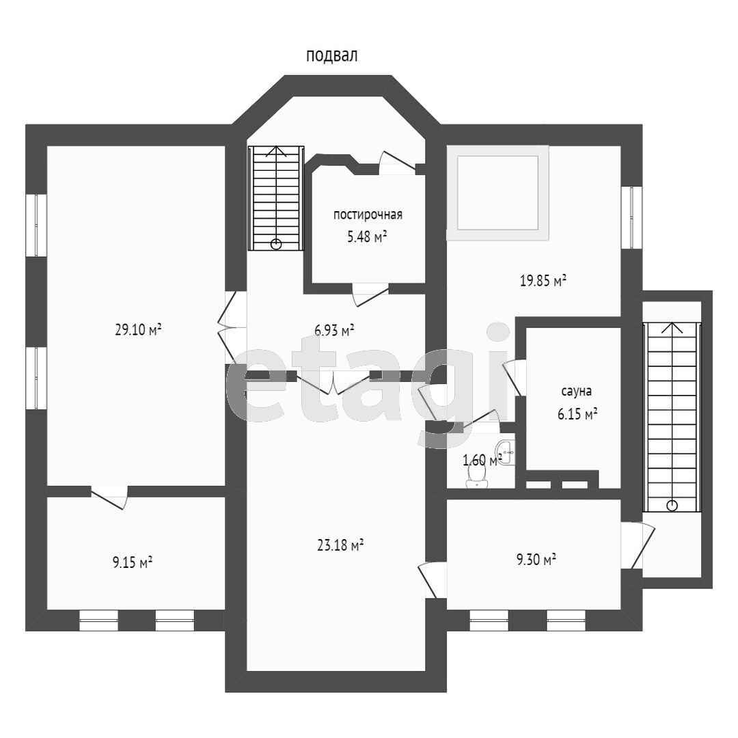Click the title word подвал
(x=332, y=56)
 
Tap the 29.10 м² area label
(x=138, y=329)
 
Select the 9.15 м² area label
(x=133, y=562)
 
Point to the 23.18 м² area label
(x=340, y=545)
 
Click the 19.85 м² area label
(x=543, y=281)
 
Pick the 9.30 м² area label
(x=536, y=560)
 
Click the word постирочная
(x=368, y=215)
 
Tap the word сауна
(x=577, y=391)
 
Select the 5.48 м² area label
(x=367, y=236)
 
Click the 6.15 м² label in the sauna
(x=577, y=414)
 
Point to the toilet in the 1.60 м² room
(x=477, y=478)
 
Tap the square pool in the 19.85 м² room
(x=497, y=193)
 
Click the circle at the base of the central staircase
(x=276, y=244)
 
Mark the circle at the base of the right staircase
(x=672, y=506)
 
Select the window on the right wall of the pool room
(x=631, y=217)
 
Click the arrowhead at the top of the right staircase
(x=672, y=327)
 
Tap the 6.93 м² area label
(x=334, y=330)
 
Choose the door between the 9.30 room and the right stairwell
(x=638, y=546)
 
